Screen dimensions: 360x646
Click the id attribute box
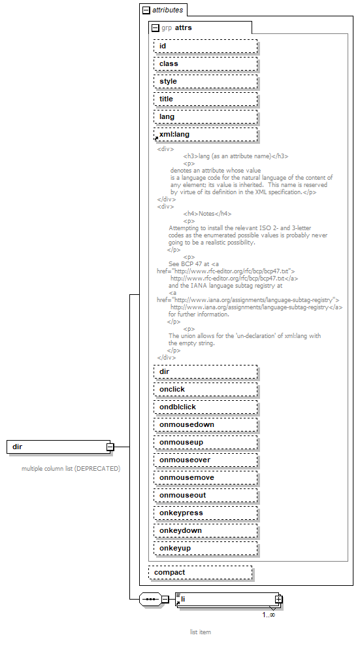205,46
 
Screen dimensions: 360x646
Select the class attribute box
205,63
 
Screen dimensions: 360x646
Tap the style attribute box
205,81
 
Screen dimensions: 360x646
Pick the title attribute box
205,99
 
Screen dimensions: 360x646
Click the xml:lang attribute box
205,134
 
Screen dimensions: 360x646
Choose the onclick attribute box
205,389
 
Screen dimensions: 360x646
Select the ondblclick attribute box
205,407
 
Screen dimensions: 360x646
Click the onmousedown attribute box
205,424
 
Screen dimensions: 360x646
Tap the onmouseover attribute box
205,460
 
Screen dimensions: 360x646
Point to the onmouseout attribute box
205,495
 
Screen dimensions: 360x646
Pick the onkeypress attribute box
205,513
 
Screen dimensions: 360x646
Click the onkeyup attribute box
205,548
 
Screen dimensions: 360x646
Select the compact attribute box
200,572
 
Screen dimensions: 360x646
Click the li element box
226,599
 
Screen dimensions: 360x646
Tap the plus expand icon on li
278,599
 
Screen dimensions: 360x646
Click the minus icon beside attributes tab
146,10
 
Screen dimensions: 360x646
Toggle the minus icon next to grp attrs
155,28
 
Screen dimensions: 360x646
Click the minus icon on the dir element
110,447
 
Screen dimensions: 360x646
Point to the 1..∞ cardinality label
269,615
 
